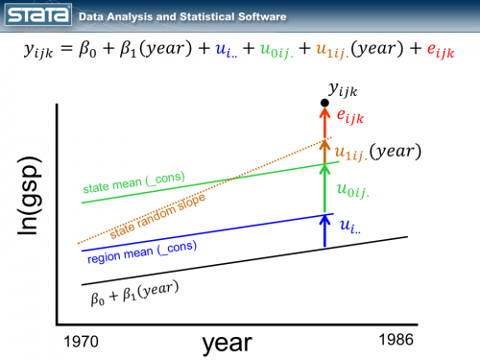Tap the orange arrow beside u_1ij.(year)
click(x=326, y=151)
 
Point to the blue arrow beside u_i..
click(x=326, y=229)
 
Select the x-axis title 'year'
click(x=226, y=342)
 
